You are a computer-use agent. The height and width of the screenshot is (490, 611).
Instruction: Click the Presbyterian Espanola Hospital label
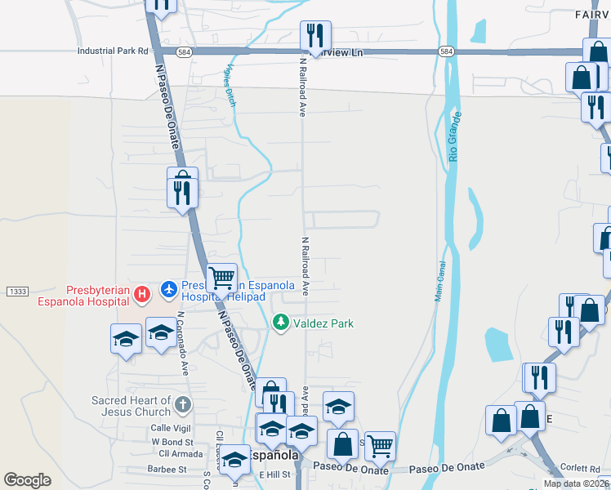[92, 296]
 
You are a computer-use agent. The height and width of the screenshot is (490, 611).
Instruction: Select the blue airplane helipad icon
[169, 289]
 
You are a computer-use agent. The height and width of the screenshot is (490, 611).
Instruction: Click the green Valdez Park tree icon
[281, 323]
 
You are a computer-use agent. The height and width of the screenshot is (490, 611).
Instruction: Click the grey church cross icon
[183, 404]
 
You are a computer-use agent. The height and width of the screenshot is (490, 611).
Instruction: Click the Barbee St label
[167, 470]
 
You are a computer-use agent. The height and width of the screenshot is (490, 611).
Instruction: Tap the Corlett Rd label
[581, 469]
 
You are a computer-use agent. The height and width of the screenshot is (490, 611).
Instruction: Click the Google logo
[28, 480]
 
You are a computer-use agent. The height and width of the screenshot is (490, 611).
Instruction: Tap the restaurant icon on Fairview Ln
[314, 35]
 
